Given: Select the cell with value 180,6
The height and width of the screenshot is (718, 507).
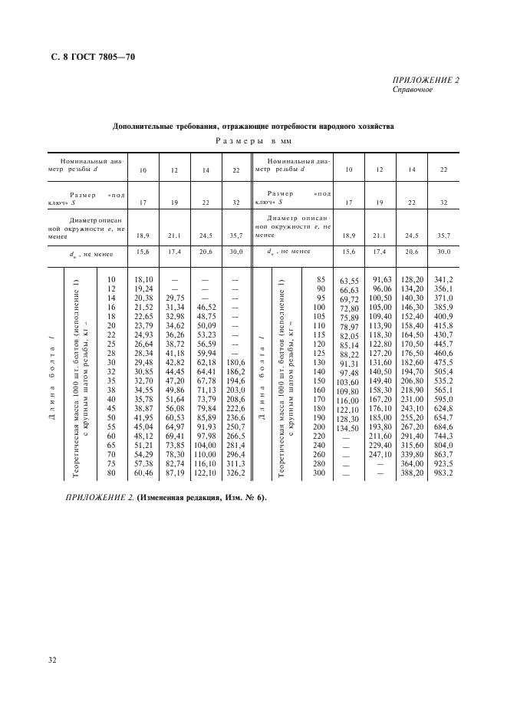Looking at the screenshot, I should (235, 361).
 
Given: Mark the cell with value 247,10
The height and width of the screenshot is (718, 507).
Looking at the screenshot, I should (380, 454).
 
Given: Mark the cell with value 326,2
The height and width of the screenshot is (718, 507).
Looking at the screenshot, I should (235, 473).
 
